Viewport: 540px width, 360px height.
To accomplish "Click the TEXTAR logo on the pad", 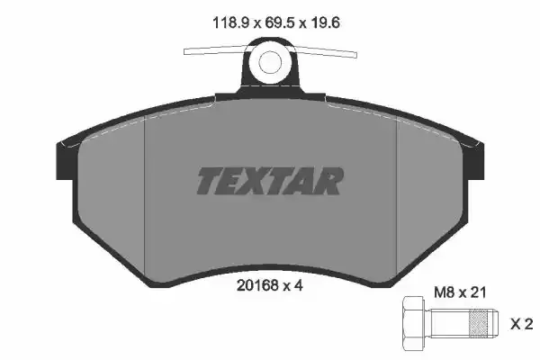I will [x=269, y=181].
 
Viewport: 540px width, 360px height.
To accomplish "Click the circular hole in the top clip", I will [x=269, y=62].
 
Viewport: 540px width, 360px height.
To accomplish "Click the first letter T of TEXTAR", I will [x=209, y=181].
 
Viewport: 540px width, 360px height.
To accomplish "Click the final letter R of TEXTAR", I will [x=329, y=181].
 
